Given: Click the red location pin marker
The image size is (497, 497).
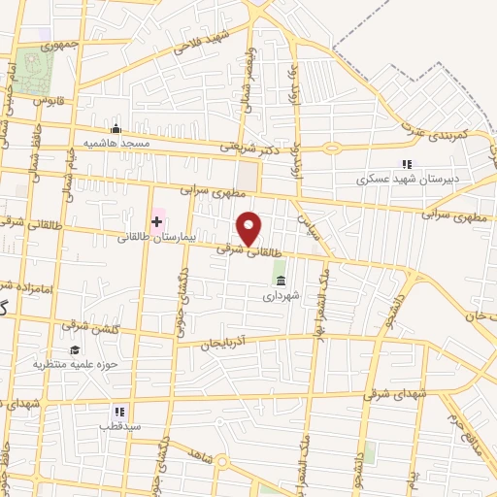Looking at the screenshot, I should pos(250,228).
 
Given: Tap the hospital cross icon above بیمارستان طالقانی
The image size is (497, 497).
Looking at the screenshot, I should pos(155,222).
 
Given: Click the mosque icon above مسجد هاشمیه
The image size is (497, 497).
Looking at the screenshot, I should pos(116,129).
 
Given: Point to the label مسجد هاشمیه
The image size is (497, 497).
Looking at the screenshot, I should pos(115,144).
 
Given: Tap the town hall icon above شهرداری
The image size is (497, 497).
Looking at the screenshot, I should pos(281,281).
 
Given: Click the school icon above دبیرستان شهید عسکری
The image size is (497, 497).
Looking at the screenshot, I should pos(407,164).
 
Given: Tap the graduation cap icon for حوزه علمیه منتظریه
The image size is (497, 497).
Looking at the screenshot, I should pos(74,349).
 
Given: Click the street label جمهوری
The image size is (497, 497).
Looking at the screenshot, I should pos(59,46).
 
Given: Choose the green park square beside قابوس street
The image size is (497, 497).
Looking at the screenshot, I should pos(38,69).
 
